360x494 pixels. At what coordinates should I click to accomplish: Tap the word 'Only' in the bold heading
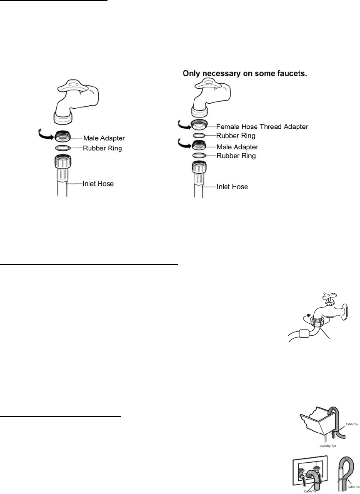[x=193, y=74]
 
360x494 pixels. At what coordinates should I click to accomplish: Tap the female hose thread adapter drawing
[x=200, y=125]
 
